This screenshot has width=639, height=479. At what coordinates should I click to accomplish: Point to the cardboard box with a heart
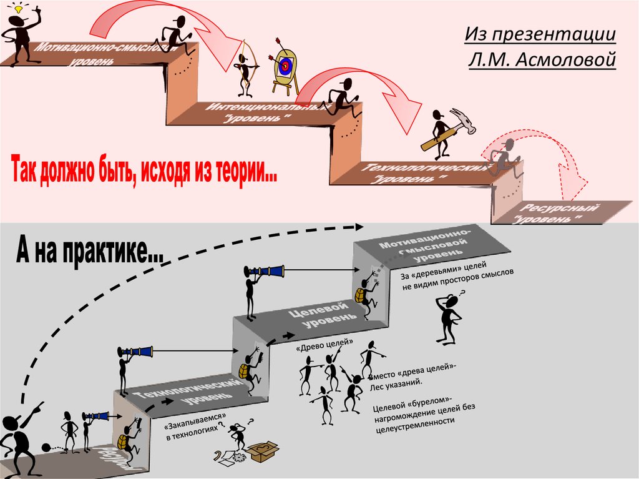(263, 450)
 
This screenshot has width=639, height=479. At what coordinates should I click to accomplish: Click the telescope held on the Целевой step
(265, 271)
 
